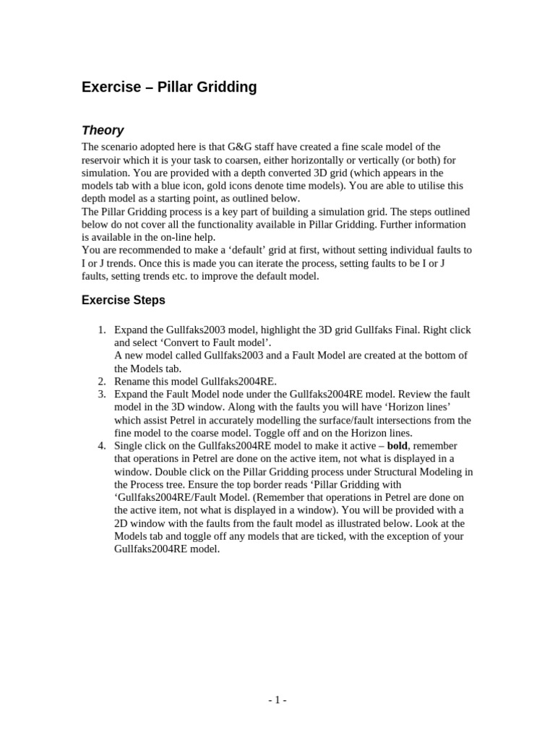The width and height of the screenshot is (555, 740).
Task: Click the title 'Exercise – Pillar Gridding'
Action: [x=169, y=87]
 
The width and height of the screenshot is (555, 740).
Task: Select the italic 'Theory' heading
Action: [x=103, y=130]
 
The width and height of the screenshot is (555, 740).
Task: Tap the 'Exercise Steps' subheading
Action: [x=124, y=300]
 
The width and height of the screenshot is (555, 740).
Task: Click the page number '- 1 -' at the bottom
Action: [x=277, y=700]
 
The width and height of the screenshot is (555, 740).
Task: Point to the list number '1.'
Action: [x=102, y=330]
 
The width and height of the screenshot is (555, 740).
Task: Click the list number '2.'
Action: [x=102, y=382]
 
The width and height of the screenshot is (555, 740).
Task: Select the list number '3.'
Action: [x=102, y=395]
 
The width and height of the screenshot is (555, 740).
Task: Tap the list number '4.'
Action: [x=102, y=446]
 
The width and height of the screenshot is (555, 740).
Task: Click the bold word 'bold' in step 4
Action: [x=397, y=446]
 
